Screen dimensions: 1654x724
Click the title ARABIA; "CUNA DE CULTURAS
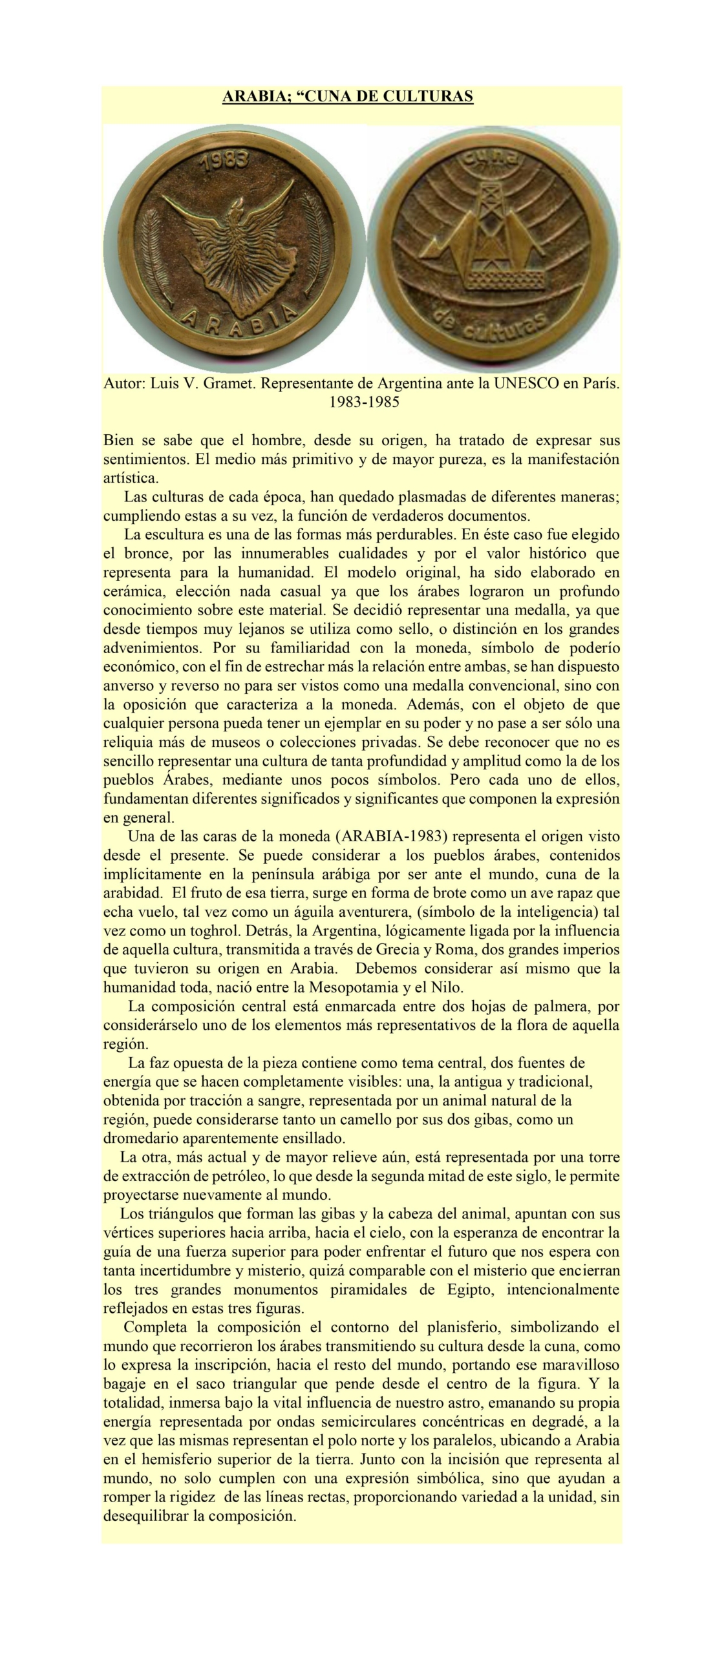click(x=348, y=97)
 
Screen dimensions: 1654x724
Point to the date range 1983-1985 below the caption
click(x=364, y=402)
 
